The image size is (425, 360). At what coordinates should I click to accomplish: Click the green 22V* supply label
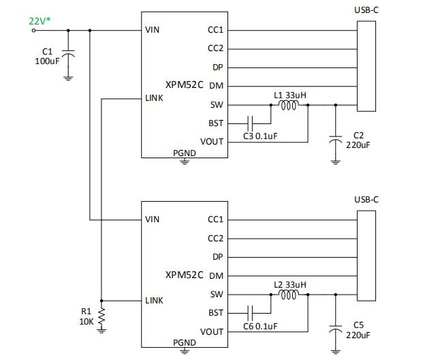(x=40, y=21)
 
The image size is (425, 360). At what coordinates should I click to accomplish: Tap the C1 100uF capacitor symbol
(x=68, y=52)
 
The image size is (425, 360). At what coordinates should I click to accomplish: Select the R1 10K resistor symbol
(x=101, y=316)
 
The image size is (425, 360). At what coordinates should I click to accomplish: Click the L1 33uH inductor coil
(x=289, y=105)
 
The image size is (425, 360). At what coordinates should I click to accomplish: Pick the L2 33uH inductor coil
(x=289, y=295)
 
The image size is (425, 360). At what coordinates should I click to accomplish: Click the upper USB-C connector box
(x=366, y=66)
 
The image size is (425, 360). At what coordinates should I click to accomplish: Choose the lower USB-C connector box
(x=366, y=256)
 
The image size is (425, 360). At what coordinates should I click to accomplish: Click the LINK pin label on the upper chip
(x=154, y=98)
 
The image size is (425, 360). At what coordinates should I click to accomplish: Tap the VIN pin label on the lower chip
(x=152, y=220)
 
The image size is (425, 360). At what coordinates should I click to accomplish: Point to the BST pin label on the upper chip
(x=215, y=123)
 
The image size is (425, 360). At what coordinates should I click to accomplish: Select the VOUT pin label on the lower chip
(x=212, y=332)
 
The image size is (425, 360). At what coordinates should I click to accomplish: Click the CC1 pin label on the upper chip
(x=215, y=30)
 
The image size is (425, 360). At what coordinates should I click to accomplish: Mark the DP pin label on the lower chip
(x=217, y=257)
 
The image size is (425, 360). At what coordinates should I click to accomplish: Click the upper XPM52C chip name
(x=184, y=85)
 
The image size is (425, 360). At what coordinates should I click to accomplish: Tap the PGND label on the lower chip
(x=184, y=343)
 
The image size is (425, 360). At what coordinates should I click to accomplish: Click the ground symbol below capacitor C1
(x=68, y=77)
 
